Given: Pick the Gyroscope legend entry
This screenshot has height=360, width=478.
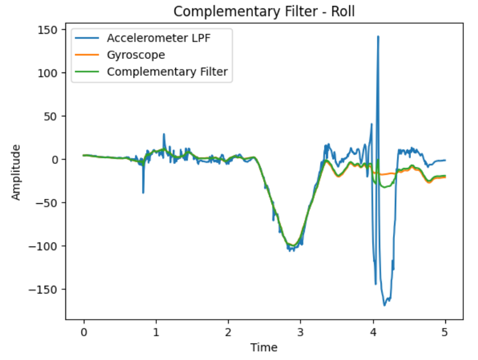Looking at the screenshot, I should [136, 55].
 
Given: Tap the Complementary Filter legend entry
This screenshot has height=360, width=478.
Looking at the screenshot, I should [167, 72].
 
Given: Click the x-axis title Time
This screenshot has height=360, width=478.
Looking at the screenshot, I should [264, 348].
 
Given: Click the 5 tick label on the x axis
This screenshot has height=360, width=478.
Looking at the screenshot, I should [445, 331].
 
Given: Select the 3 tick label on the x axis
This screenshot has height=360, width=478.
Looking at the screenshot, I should [300, 331].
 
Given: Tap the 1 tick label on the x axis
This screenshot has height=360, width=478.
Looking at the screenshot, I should [156, 331].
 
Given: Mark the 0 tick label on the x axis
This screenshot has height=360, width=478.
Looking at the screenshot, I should [84, 331].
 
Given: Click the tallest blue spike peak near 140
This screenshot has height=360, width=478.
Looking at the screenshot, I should [378, 37].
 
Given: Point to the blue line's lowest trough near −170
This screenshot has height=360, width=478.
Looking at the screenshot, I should [385, 305].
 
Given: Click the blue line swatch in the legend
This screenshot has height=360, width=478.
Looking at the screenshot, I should [87, 38].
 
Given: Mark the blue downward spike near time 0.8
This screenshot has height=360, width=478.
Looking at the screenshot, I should [143, 192].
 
